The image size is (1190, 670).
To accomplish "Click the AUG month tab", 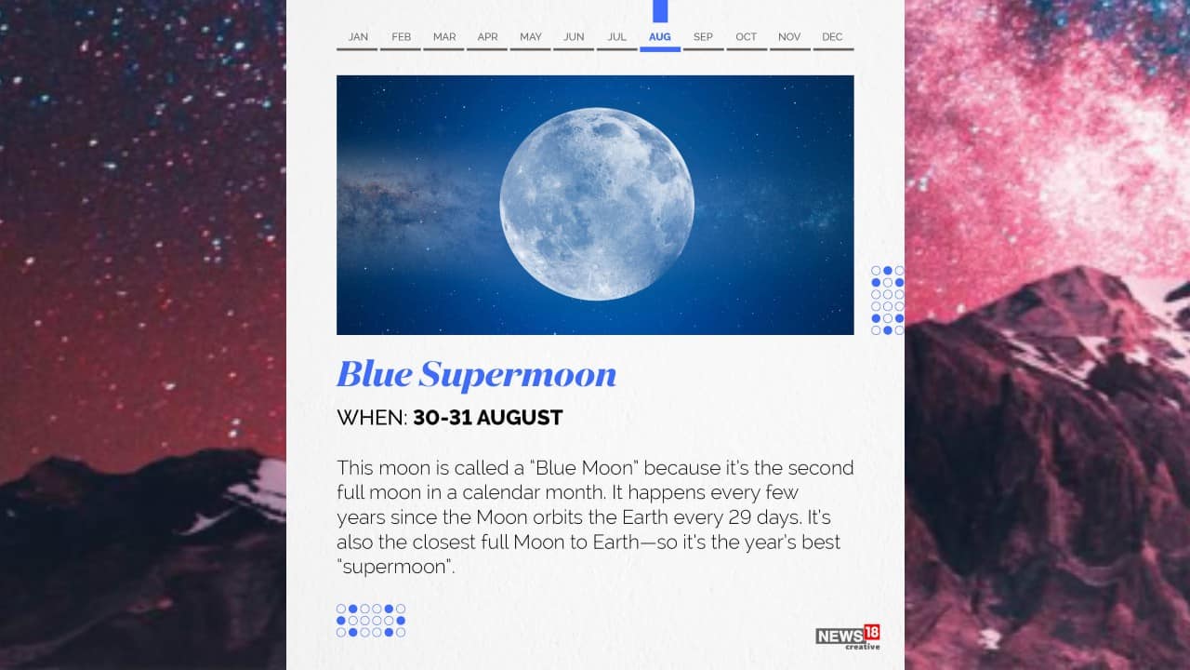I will point(659,37).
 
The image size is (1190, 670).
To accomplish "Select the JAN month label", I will point(358,37).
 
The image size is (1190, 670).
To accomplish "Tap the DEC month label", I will point(832,37).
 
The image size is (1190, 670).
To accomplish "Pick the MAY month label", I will point(531,37).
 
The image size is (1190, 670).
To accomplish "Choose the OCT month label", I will point(746,37).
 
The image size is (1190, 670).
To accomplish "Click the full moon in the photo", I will point(597,204).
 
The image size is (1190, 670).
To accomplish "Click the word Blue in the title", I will point(374,374).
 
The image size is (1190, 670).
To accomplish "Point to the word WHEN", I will point(371,418).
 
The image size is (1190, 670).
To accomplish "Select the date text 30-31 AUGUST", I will point(488,418).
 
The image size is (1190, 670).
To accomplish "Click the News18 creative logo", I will point(848,637).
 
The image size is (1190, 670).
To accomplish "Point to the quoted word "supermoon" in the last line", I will point(396,567).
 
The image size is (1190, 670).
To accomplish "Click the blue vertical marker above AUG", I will point(660,10).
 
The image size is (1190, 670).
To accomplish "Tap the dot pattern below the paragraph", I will point(371,621).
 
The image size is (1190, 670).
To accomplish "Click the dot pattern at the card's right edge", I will point(888,300).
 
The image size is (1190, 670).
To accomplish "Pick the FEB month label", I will point(401,37).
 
